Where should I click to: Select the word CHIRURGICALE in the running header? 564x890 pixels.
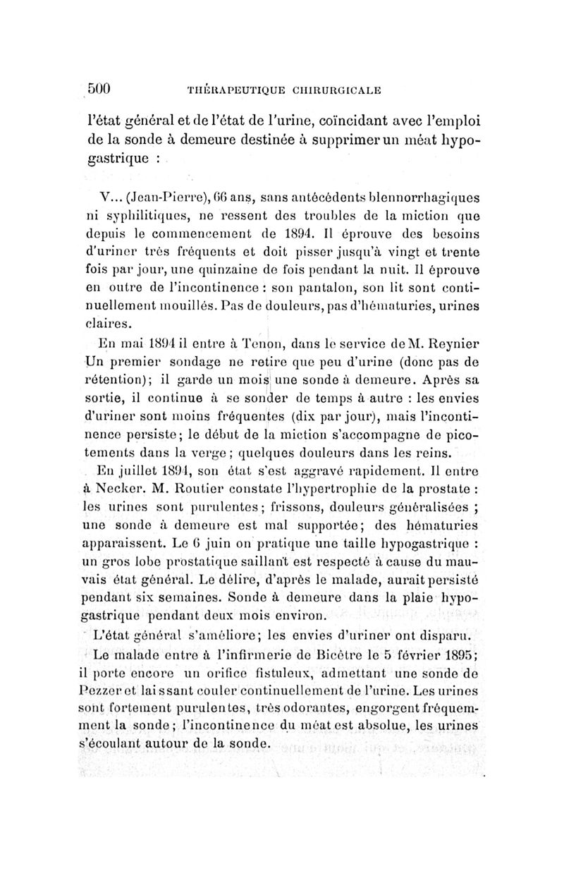pyautogui.click(x=330, y=90)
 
